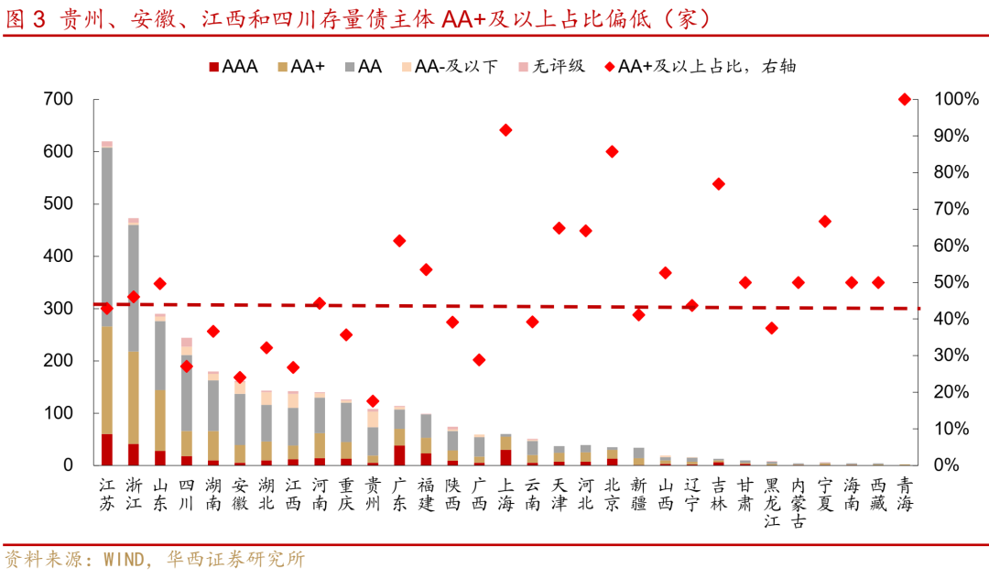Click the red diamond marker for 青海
[905, 99]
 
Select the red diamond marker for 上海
[505, 130]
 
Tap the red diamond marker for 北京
[612, 151]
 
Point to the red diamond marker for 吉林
[719, 184]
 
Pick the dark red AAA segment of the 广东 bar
[399, 455]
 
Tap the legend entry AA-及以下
[449, 67]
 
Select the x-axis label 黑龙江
[772, 502]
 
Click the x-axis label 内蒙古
[799, 502]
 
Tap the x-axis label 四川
[187, 493]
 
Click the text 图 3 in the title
[25, 18]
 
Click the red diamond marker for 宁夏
[825, 221]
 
